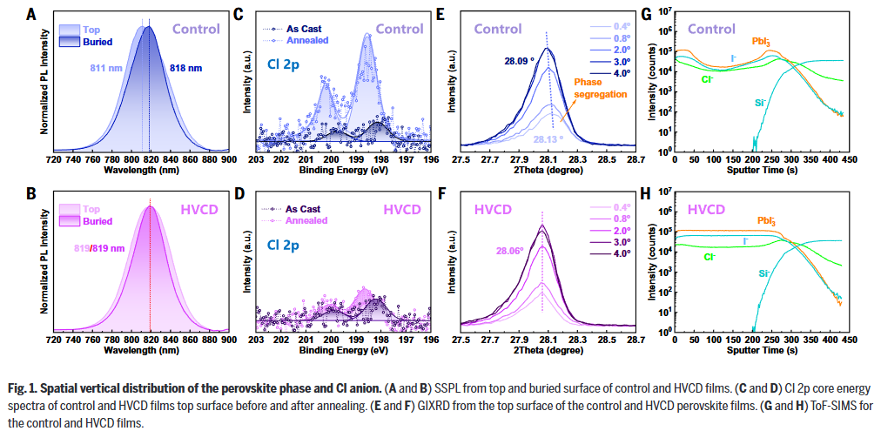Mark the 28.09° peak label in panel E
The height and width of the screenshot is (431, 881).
[x=516, y=61]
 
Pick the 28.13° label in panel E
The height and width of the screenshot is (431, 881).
[x=547, y=138]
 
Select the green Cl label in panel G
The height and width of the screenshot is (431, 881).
[x=708, y=79]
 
